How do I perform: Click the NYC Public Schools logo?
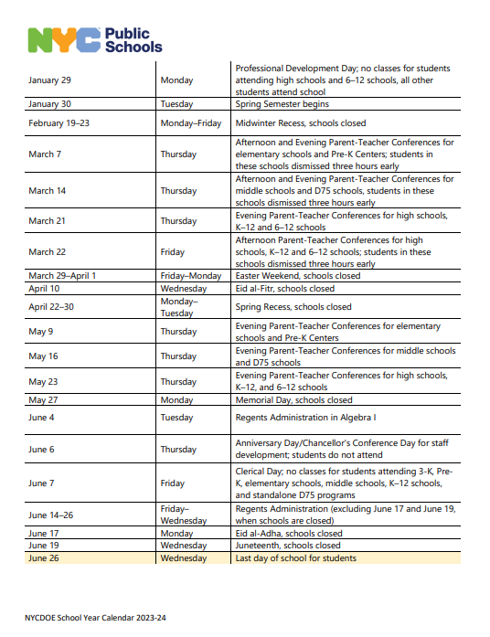click(x=94, y=39)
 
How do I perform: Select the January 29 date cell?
click(x=50, y=80)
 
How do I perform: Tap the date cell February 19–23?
click(x=59, y=122)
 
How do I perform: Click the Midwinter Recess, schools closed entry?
click(x=301, y=122)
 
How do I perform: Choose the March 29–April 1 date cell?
click(x=62, y=276)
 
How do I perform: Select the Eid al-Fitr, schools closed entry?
click(x=284, y=288)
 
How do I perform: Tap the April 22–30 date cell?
click(x=50, y=307)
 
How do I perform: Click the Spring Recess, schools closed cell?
click(x=293, y=307)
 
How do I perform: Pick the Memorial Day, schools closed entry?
click(x=293, y=400)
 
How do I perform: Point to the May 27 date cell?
click(x=43, y=400)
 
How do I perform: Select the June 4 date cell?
click(x=41, y=418)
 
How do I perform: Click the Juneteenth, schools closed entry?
click(x=288, y=546)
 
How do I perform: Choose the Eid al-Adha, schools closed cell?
click(x=289, y=534)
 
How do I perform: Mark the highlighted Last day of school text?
click(x=296, y=558)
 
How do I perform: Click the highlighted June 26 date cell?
click(x=44, y=558)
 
